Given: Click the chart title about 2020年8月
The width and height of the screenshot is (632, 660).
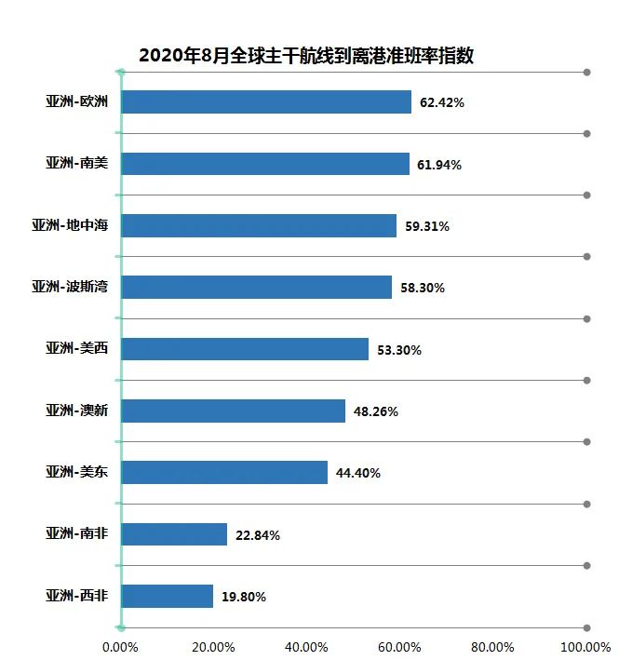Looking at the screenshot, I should click(x=306, y=55).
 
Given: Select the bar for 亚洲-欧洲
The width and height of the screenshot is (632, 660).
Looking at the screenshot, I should click(x=266, y=102).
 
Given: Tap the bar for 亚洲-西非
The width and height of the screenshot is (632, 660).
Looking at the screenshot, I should click(x=168, y=596).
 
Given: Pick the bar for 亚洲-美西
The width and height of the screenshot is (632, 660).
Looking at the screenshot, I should click(x=245, y=349).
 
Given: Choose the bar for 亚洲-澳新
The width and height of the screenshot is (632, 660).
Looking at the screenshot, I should click(x=234, y=411).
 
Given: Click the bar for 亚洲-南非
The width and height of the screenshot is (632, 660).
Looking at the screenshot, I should click(x=174, y=534).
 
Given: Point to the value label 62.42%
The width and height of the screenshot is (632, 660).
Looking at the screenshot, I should click(x=441, y=103).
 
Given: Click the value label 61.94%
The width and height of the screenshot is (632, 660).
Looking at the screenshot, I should click(x=439, y=165).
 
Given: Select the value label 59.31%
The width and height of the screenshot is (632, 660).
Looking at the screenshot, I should click(x=427, y=226).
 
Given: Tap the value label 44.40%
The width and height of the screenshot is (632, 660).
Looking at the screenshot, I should click(x=358, y=473).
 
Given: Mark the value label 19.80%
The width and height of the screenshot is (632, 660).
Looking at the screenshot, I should click(x=244, y=597).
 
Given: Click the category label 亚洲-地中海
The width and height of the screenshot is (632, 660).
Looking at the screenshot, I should click(x=70, y=225).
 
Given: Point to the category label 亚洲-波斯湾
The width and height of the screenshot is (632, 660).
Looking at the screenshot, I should click(x=70, y=287).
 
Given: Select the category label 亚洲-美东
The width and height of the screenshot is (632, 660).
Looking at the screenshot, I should click(x=77, y=472).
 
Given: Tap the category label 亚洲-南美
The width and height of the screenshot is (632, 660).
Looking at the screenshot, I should click(x=77, y=164).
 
